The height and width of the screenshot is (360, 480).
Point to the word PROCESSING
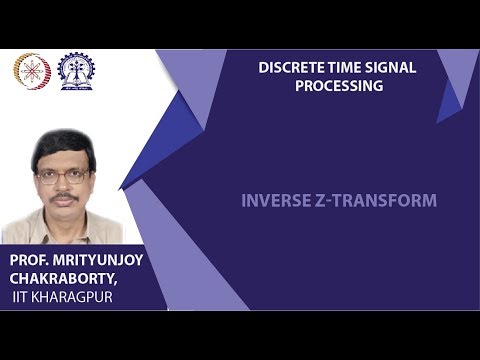[339, 86]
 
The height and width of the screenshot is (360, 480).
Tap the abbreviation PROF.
[31, 259]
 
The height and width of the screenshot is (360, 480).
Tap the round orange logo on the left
[31, 69]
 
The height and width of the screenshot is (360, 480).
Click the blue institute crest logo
[76, 69]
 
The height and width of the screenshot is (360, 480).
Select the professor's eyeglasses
[62, 176]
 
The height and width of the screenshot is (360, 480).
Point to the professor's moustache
[63, 197]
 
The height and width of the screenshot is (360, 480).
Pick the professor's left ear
[91, 178]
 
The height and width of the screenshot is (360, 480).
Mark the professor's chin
[63, 213]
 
